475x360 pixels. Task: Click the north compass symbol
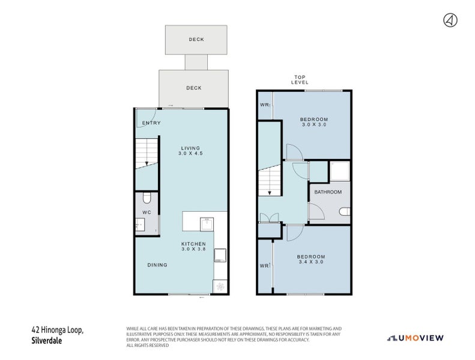point(450,20)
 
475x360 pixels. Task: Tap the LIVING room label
point(190,148)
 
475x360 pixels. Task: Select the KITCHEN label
point(193,244)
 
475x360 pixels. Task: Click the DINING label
point(157,265)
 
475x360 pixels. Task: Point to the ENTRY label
point(151,123)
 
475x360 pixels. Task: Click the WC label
point(147,212)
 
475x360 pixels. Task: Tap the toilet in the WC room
point(147,198)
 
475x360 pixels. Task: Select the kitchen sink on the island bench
point(207,224)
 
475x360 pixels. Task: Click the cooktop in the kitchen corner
point(220,286)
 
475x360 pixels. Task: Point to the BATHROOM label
point(328,192)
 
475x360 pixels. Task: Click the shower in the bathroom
point(340,171)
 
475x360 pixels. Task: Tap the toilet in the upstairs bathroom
point(345,211)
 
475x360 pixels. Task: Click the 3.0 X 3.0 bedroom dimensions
point(314,124)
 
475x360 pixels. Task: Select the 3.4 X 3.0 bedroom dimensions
point(311,262)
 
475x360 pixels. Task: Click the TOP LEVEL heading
point(300,80)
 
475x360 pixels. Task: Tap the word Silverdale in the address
point(47,341)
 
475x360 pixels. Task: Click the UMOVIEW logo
point(416,338)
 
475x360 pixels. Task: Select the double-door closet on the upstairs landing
point(270,218)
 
